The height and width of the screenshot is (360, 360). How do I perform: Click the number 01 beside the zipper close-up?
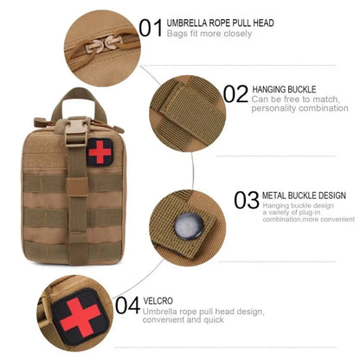151,28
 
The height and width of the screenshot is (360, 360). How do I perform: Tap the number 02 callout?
235,94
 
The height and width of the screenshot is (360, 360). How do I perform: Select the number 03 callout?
246,201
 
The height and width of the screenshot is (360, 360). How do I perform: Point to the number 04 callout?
127,305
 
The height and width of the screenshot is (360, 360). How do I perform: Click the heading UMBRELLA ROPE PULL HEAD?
220,22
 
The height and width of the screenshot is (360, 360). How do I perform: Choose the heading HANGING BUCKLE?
284,89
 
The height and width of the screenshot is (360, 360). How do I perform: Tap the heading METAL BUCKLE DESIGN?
303,196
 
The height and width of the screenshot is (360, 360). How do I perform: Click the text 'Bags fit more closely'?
209,34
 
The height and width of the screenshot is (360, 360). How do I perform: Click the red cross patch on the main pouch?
100,152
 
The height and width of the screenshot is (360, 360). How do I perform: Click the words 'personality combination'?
299,108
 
